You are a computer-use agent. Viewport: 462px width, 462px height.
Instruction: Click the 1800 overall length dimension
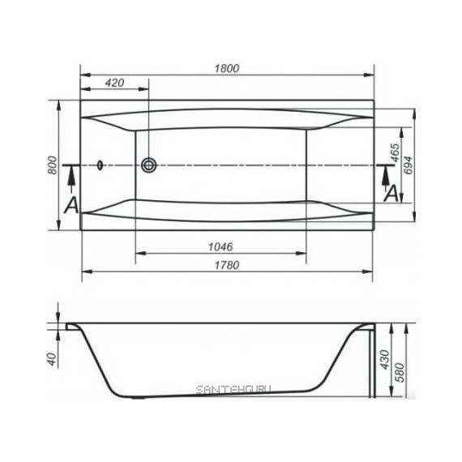coord(227,69)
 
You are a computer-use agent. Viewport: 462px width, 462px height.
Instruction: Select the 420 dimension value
coord(114,83)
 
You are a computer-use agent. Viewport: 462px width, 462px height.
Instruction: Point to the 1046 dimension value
coord(220,246)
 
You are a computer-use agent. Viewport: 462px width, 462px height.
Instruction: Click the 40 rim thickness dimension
coord(52,357)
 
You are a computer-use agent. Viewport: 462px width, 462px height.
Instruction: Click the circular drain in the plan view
coord(148,165)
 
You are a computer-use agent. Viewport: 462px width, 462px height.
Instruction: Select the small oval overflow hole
coord(100,165)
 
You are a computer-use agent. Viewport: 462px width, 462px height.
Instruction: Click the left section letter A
coord(71,205)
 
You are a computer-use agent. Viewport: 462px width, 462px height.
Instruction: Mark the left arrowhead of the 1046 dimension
coord(139,254)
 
